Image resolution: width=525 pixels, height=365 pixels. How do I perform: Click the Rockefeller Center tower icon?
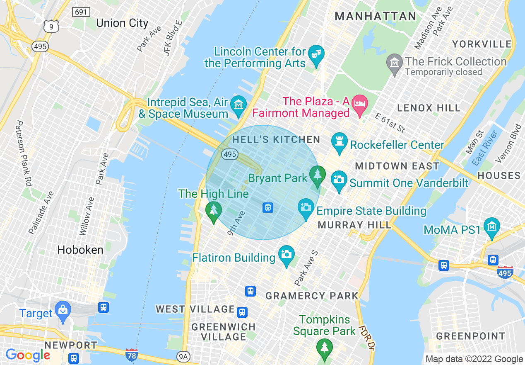(340, 141)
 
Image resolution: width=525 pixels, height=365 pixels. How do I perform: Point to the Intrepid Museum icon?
(238, 104)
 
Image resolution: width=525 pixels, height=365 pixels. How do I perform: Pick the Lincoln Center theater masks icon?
(316, 54)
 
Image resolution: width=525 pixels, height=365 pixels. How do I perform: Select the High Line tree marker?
(213, 209)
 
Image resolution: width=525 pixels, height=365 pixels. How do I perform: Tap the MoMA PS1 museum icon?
(492, 226)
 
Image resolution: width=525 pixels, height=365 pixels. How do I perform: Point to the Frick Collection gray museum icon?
(395, 62)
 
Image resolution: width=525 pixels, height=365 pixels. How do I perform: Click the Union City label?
(122, 23)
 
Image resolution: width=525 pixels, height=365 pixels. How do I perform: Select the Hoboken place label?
(80, 250)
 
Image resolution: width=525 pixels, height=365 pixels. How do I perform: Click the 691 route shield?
(81, 12)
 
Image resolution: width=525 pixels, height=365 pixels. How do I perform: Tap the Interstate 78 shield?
(131, 355)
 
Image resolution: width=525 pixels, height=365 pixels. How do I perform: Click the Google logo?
(28, 355)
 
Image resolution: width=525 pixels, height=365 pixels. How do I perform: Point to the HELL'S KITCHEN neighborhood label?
(276, 139)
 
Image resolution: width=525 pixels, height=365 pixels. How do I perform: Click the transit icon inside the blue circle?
(267, 207)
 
